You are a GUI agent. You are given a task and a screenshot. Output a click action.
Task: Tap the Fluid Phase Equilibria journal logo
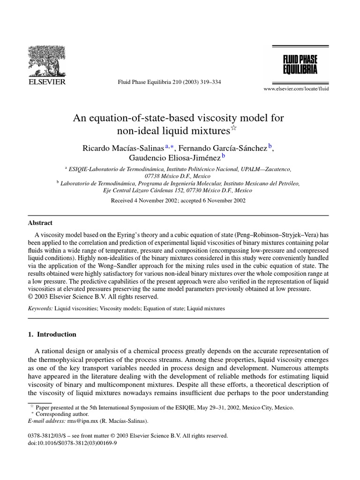(x=300, y=64)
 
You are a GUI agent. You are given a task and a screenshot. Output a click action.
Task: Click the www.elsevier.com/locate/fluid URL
(x=296, y=89)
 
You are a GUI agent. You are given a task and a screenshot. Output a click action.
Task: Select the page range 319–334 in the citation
(x=210, y=82)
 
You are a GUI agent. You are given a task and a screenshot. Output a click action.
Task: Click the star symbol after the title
(x=234, y=127)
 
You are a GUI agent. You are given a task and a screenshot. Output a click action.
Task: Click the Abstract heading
(x=41, y=223)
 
